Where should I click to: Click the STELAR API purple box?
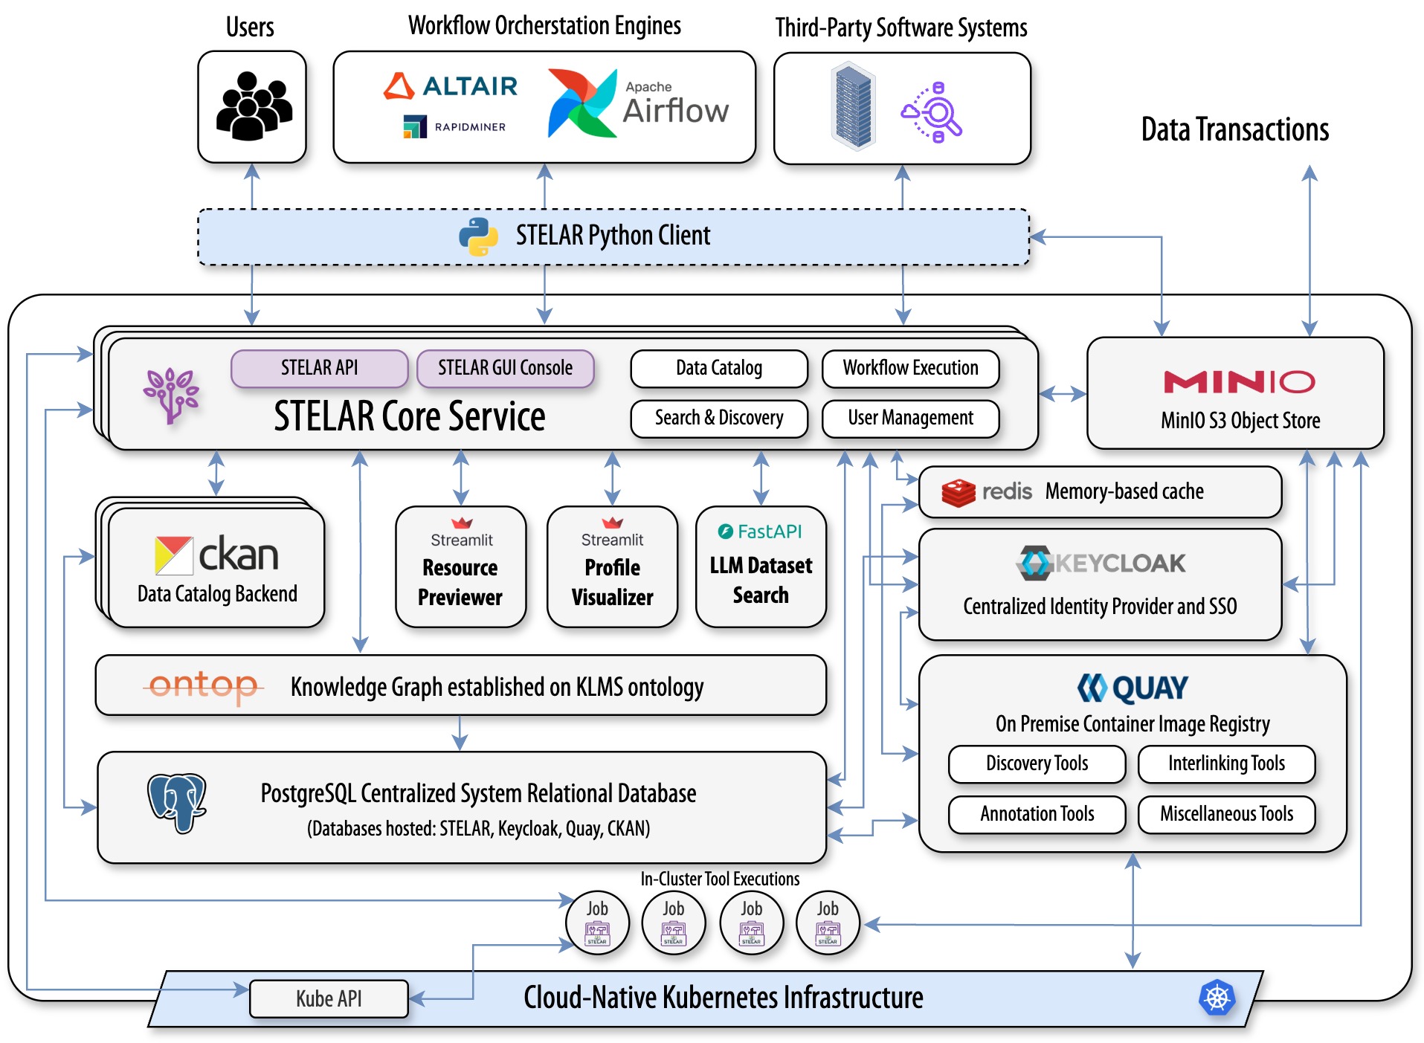[319, 368]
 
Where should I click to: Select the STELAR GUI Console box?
[505, 368]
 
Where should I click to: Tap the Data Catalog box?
[719, 368]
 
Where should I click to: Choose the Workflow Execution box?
[910, 368]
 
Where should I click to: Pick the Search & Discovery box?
[719, 419]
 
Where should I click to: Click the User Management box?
[910, 419]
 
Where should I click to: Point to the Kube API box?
[329, 998]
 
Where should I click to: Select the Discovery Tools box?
[1037, 763]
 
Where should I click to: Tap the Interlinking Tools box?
[1226, 763]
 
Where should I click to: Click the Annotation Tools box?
[1037, 814]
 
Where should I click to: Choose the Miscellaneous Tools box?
[1226, 814]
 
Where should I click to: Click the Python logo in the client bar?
[478, 236]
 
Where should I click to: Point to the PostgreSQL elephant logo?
[177, 803]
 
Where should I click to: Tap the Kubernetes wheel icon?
[1217, 998]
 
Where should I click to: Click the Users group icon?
[254, 106]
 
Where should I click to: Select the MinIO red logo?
[1239, 382]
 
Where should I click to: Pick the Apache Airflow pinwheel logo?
[582, 103]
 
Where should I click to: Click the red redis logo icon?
[959, 493]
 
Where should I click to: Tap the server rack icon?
[853, 106]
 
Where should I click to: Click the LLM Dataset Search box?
[761, 566]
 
